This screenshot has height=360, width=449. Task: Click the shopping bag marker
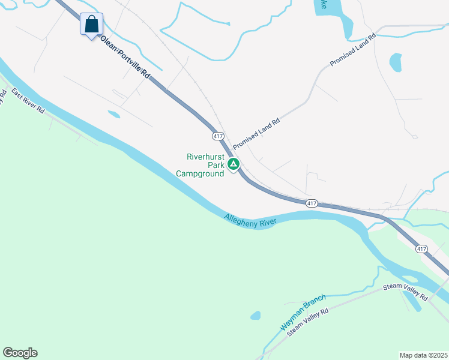91,25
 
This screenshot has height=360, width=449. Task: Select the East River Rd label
28,102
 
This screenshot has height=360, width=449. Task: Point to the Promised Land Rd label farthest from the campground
352,49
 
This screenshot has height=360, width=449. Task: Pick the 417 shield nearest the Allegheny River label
311,203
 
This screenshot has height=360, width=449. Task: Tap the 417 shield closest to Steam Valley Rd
421,248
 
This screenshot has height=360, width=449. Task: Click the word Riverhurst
205,157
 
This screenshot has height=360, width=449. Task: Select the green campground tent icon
233,163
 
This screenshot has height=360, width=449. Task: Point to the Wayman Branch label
303,312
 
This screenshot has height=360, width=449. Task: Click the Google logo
20,353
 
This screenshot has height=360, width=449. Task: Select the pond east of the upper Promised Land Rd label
396,62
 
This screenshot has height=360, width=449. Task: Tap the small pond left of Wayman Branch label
256,315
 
